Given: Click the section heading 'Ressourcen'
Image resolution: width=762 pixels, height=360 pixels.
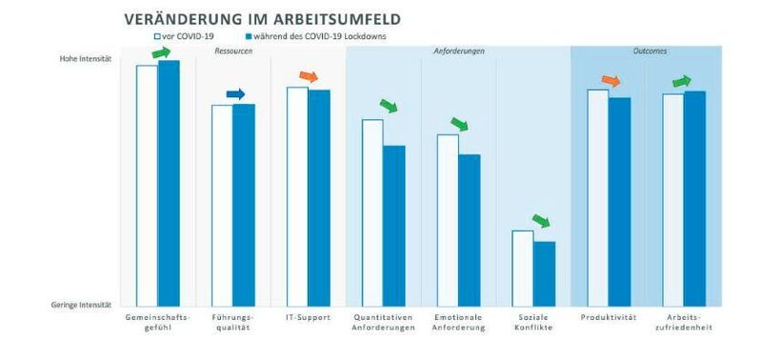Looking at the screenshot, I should coord(233,50).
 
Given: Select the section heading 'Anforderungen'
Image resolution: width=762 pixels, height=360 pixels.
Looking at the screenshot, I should coord(458,50).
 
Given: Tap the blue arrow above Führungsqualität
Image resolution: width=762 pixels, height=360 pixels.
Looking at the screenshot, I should coord(235,93).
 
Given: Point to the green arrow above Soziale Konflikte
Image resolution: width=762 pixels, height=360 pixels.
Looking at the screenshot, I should coord(540,221).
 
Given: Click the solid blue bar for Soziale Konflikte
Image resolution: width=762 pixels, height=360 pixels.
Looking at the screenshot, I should coord(544,273).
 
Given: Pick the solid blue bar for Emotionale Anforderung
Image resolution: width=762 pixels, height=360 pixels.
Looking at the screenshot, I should coord(469,229).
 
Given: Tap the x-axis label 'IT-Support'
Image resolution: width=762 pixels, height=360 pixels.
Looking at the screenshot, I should coord(308,317).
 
